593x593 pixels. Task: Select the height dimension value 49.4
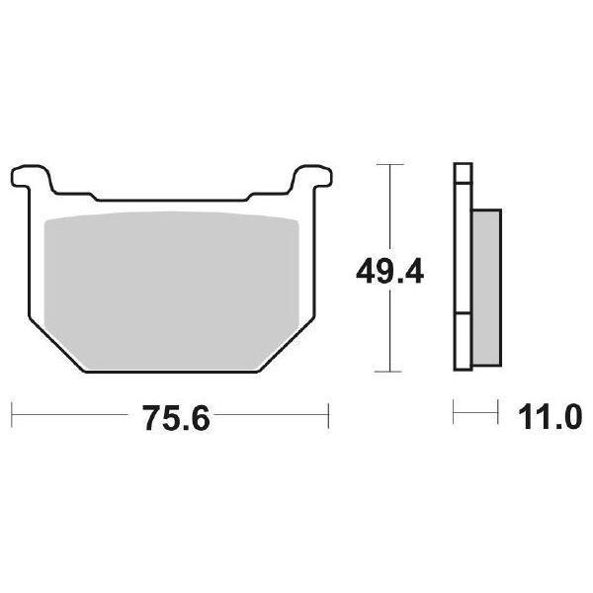click(391, 268)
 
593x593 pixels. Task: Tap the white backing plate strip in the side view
click(461, 267)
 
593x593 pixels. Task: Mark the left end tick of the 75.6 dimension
click(12, 411)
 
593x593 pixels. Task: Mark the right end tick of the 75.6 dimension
click(328, 411)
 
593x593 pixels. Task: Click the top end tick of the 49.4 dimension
click(391, 161)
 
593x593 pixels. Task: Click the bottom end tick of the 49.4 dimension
click(391, 372)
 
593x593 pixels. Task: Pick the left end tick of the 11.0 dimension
click(454, 411)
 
